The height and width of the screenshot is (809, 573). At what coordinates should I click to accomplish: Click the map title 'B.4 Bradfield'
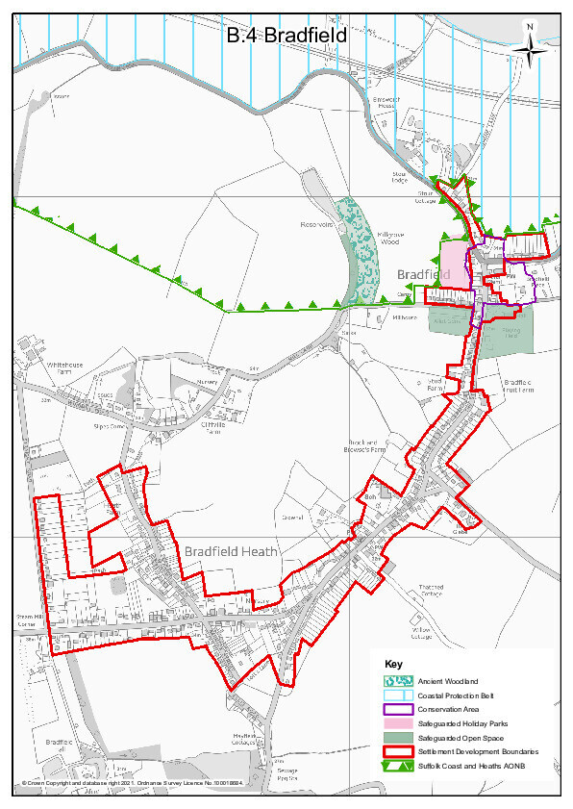286,37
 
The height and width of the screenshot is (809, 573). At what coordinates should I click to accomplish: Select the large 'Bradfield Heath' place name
231,552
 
